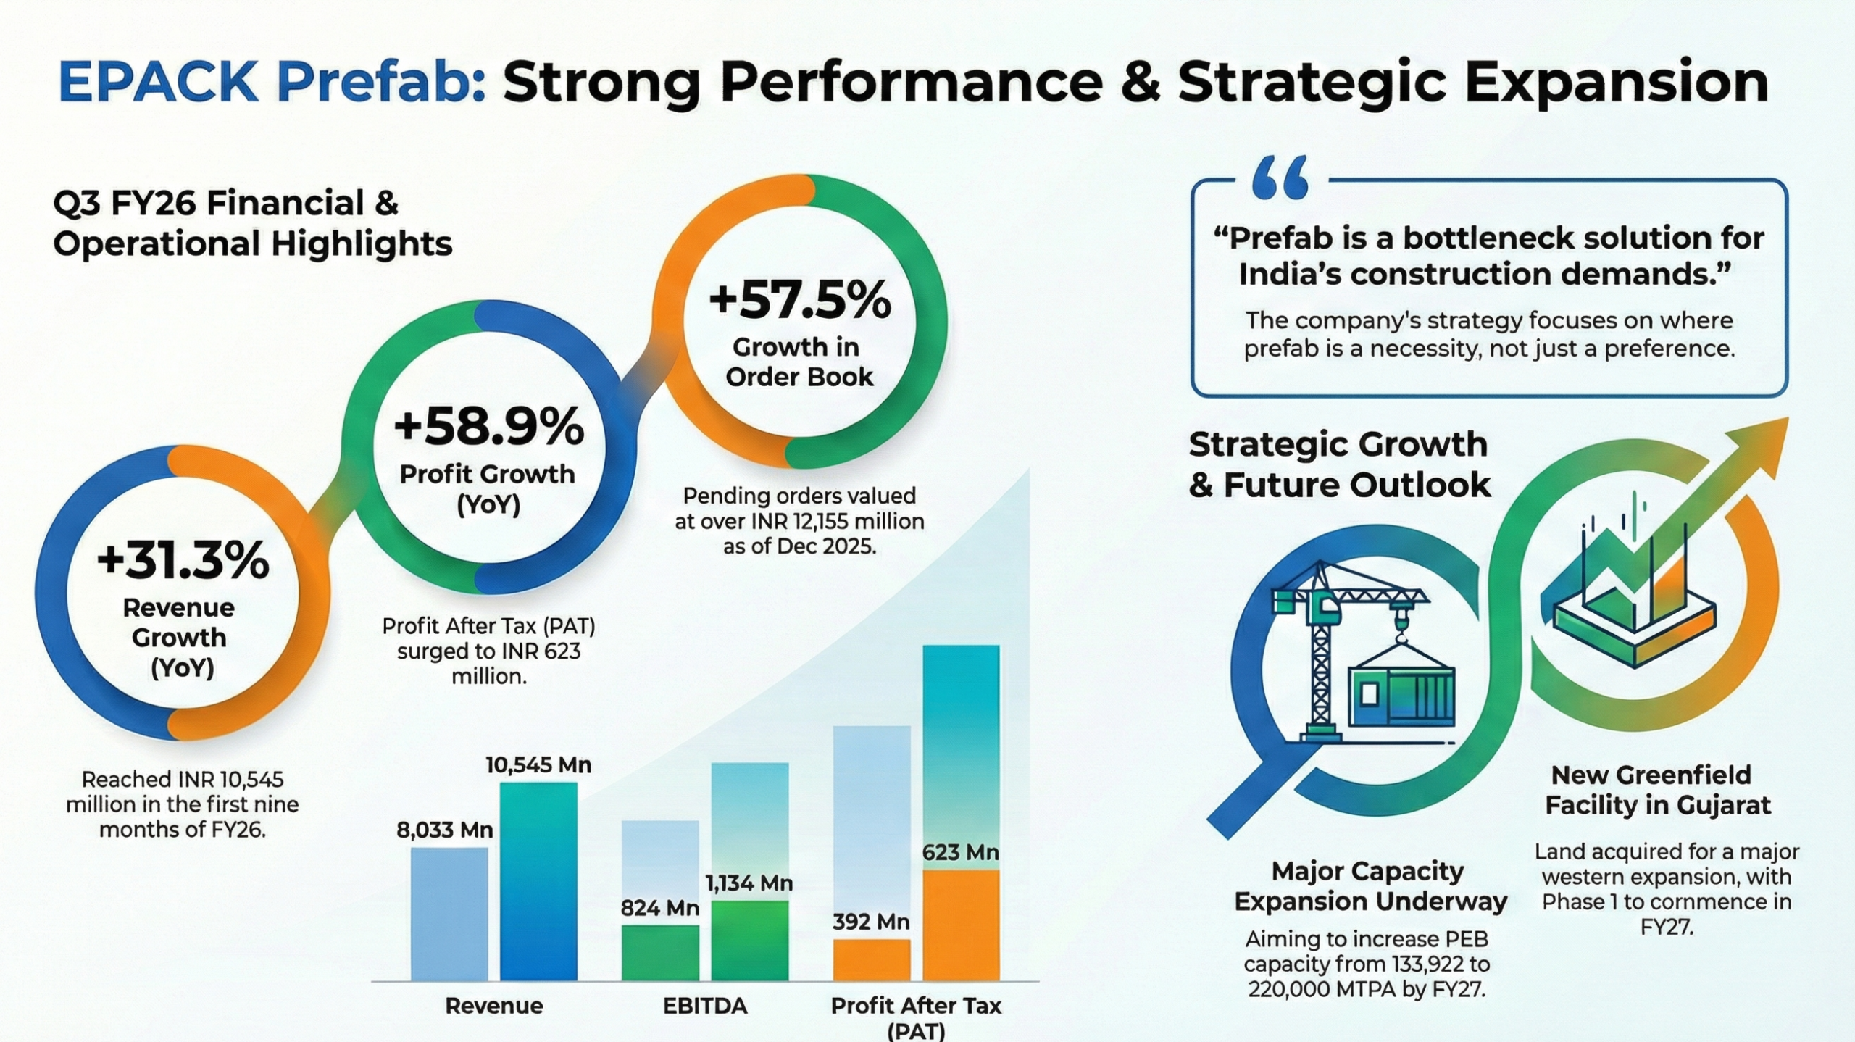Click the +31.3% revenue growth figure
click(182, 562)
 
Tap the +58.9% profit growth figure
click(488, 427)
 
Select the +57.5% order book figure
click(799, 300)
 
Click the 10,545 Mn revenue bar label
click(538, 764)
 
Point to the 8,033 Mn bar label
click(444, 829)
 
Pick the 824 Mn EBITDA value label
click(659, 908)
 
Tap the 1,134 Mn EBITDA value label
click(749, 883)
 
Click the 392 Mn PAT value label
click(870, 922)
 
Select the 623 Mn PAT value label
click(960, 853)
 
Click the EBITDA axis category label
click(704, 1006)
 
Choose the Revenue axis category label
click(493, 1006)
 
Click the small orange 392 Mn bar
click(871, 960)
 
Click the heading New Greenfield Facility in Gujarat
click(1657, 790)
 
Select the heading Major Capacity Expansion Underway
click(1370, 886)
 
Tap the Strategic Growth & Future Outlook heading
click(1339, 464)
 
